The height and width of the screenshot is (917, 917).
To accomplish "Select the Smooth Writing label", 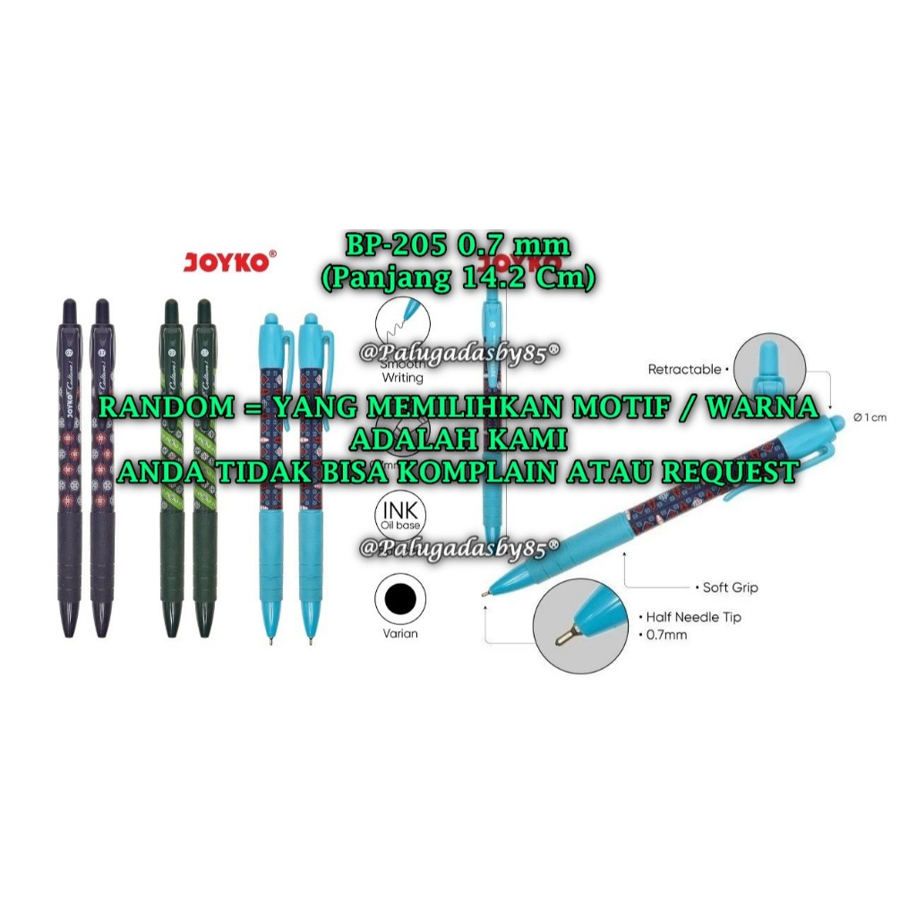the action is click(402, 372).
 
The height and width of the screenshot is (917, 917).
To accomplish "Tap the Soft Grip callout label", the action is click(729, 587).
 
